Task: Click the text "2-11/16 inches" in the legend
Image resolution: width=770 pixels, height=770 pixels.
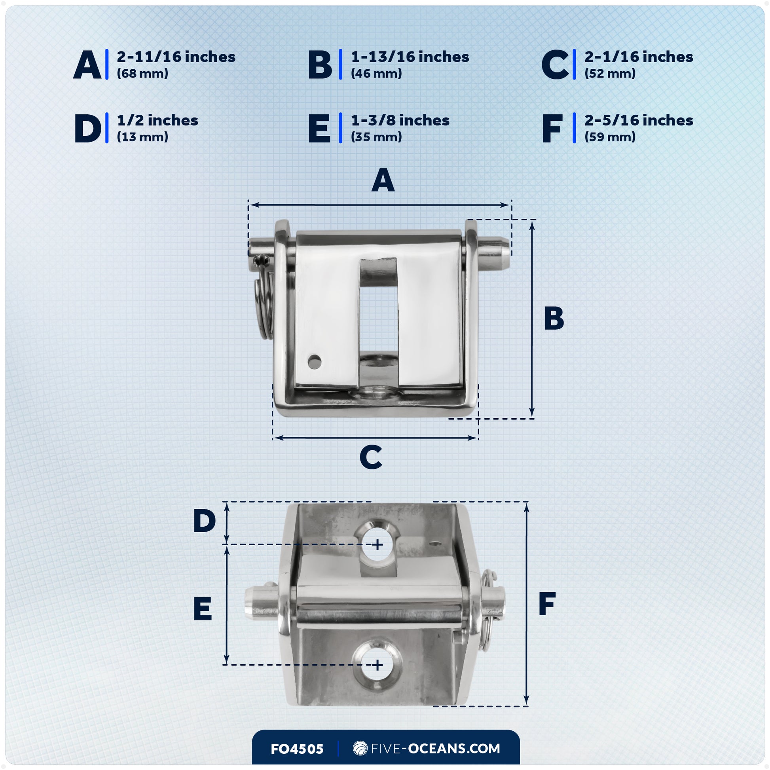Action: point(176,57)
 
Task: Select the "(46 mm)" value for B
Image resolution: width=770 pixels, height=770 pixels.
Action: point(376,74)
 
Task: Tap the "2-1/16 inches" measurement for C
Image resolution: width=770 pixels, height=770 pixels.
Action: point(639,57)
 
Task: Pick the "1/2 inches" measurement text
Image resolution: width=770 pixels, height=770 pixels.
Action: point(157,120)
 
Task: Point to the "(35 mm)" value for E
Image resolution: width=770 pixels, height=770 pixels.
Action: point(376,137)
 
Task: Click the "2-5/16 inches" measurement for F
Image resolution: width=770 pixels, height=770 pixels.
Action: point(639,120)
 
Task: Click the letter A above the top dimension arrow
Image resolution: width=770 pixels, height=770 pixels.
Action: point(383,180)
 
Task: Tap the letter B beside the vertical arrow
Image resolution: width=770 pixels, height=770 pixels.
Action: point(554,319)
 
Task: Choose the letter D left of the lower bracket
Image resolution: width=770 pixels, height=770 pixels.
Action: point(204,521)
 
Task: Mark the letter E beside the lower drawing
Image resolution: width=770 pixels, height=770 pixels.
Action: point(203,609)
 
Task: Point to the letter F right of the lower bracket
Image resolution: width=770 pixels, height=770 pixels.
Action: point(547,604)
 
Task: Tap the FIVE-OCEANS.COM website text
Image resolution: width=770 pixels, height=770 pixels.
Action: point(435,749)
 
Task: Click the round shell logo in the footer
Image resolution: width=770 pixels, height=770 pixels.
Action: point(360,748)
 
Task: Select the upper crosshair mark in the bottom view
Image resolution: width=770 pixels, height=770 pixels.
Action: point(377,544)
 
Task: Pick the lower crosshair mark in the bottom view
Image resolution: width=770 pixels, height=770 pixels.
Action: point(377,665)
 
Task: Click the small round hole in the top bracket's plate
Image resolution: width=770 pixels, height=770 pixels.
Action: point(315,362)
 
